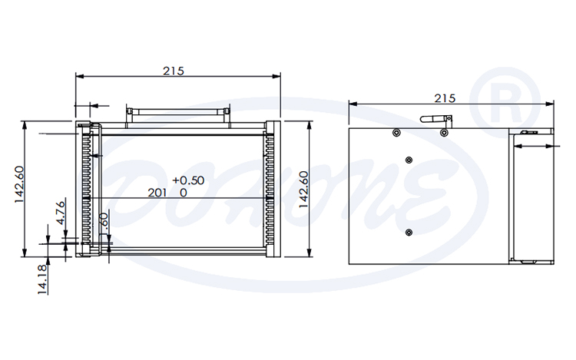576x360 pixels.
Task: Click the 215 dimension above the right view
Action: pyautogui.click(x=445, y=97)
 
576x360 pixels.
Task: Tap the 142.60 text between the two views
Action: pyautogui.click(x=304, y=189)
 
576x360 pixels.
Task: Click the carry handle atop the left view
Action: pyautogui.click(x=178, y=111)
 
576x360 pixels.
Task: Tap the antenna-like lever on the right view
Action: pyautogui.click(x=435, y=120)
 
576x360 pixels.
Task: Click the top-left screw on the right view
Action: pyautogui.click(x=396, y=133)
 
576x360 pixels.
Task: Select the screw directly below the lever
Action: pyautogui.click(x=444, y=133)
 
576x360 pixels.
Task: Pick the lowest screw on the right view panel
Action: pyautogui.click(x=409, y=232)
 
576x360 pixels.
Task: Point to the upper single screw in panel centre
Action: pyautogui.click(x=409, y=160)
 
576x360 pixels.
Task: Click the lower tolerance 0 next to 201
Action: pyautogui.click(x=184, y=193)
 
